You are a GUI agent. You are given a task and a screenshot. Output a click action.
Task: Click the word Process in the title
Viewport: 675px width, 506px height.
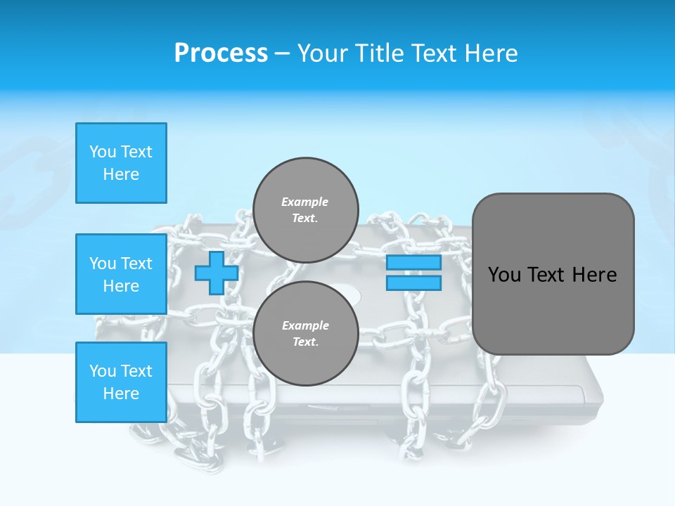(x=221, y=53)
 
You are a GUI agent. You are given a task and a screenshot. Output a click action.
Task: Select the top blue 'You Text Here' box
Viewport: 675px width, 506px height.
(x=121, y=163)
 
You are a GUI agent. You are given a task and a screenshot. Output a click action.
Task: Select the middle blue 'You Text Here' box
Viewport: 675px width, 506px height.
(x=121, y=274)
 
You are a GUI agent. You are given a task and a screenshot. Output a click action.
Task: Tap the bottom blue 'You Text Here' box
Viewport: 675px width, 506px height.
(x=121, y=382)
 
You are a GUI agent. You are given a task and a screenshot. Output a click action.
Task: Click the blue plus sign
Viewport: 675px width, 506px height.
(x=217, y=273)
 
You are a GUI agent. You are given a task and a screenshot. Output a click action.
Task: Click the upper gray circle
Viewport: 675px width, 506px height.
(x=305, y=210)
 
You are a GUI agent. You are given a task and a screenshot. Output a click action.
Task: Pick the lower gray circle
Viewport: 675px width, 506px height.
(x=305, y=334)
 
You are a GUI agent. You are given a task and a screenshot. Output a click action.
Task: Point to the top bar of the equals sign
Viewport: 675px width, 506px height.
(x=413, y=263)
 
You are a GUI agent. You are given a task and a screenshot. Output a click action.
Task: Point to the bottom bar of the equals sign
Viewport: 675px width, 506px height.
(x=413, y=283)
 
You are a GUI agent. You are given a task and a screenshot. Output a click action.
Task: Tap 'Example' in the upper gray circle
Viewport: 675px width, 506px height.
(x=305, y=202)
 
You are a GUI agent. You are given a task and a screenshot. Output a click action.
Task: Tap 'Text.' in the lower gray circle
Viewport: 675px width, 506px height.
(x=305, y=342)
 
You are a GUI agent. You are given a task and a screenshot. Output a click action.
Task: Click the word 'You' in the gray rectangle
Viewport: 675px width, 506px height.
(x=503, y=275)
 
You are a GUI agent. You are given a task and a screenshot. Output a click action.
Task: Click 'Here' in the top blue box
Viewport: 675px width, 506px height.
(x=121, y=174)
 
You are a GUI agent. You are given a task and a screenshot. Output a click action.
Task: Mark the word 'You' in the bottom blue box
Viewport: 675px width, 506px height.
(x=103, y=371)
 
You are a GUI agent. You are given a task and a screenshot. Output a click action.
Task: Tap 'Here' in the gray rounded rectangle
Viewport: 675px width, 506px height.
(x=595, y=275)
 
